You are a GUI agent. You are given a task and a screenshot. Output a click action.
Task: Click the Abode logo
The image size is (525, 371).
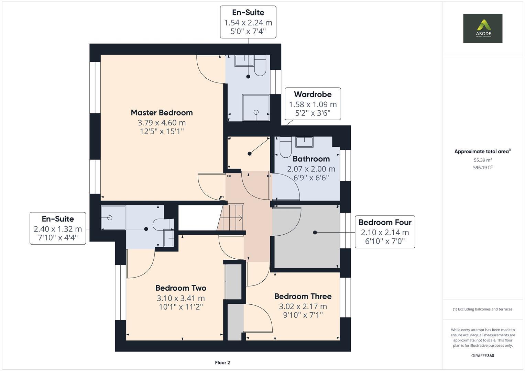pos(483,28)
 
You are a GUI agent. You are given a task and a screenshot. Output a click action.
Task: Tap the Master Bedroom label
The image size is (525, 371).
pos(162,113)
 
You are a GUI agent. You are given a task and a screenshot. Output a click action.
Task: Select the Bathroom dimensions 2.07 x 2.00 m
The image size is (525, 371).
pos(311,169)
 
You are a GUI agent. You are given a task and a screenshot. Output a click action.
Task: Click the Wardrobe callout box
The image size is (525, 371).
pos(313,104)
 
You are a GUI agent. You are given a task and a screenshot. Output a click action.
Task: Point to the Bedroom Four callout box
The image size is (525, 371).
pos(385,232)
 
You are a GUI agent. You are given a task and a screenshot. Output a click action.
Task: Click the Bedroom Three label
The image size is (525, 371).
pos(303,296)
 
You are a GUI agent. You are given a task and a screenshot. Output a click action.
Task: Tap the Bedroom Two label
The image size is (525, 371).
pos(181,288)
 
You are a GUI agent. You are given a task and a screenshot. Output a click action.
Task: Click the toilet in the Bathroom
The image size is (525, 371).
pos(285,147)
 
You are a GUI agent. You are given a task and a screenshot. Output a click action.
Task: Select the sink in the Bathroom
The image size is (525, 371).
pos(305,142)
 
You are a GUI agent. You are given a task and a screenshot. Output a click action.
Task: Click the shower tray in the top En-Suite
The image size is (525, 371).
pos(256,108)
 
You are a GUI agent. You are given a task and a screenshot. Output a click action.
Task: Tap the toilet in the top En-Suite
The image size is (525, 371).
pos(260,65)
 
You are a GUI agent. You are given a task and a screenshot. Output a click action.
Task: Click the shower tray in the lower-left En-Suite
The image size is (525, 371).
pos(113,217)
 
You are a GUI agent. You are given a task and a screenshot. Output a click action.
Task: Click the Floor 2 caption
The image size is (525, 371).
pos(222,362)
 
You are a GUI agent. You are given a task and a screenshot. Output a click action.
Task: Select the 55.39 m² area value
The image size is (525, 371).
pos(483,160)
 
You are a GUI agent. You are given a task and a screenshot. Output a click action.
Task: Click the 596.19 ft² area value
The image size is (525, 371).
pos(483,168)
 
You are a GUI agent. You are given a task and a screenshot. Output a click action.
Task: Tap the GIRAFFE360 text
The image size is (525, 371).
pos(483,356)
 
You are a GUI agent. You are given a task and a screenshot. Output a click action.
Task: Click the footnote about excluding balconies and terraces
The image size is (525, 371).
pos(482,309)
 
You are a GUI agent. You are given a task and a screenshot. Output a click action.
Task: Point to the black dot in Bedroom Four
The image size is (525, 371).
pos(315,232)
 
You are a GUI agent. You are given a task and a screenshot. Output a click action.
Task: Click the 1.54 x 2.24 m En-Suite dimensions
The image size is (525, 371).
pos(248,22)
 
